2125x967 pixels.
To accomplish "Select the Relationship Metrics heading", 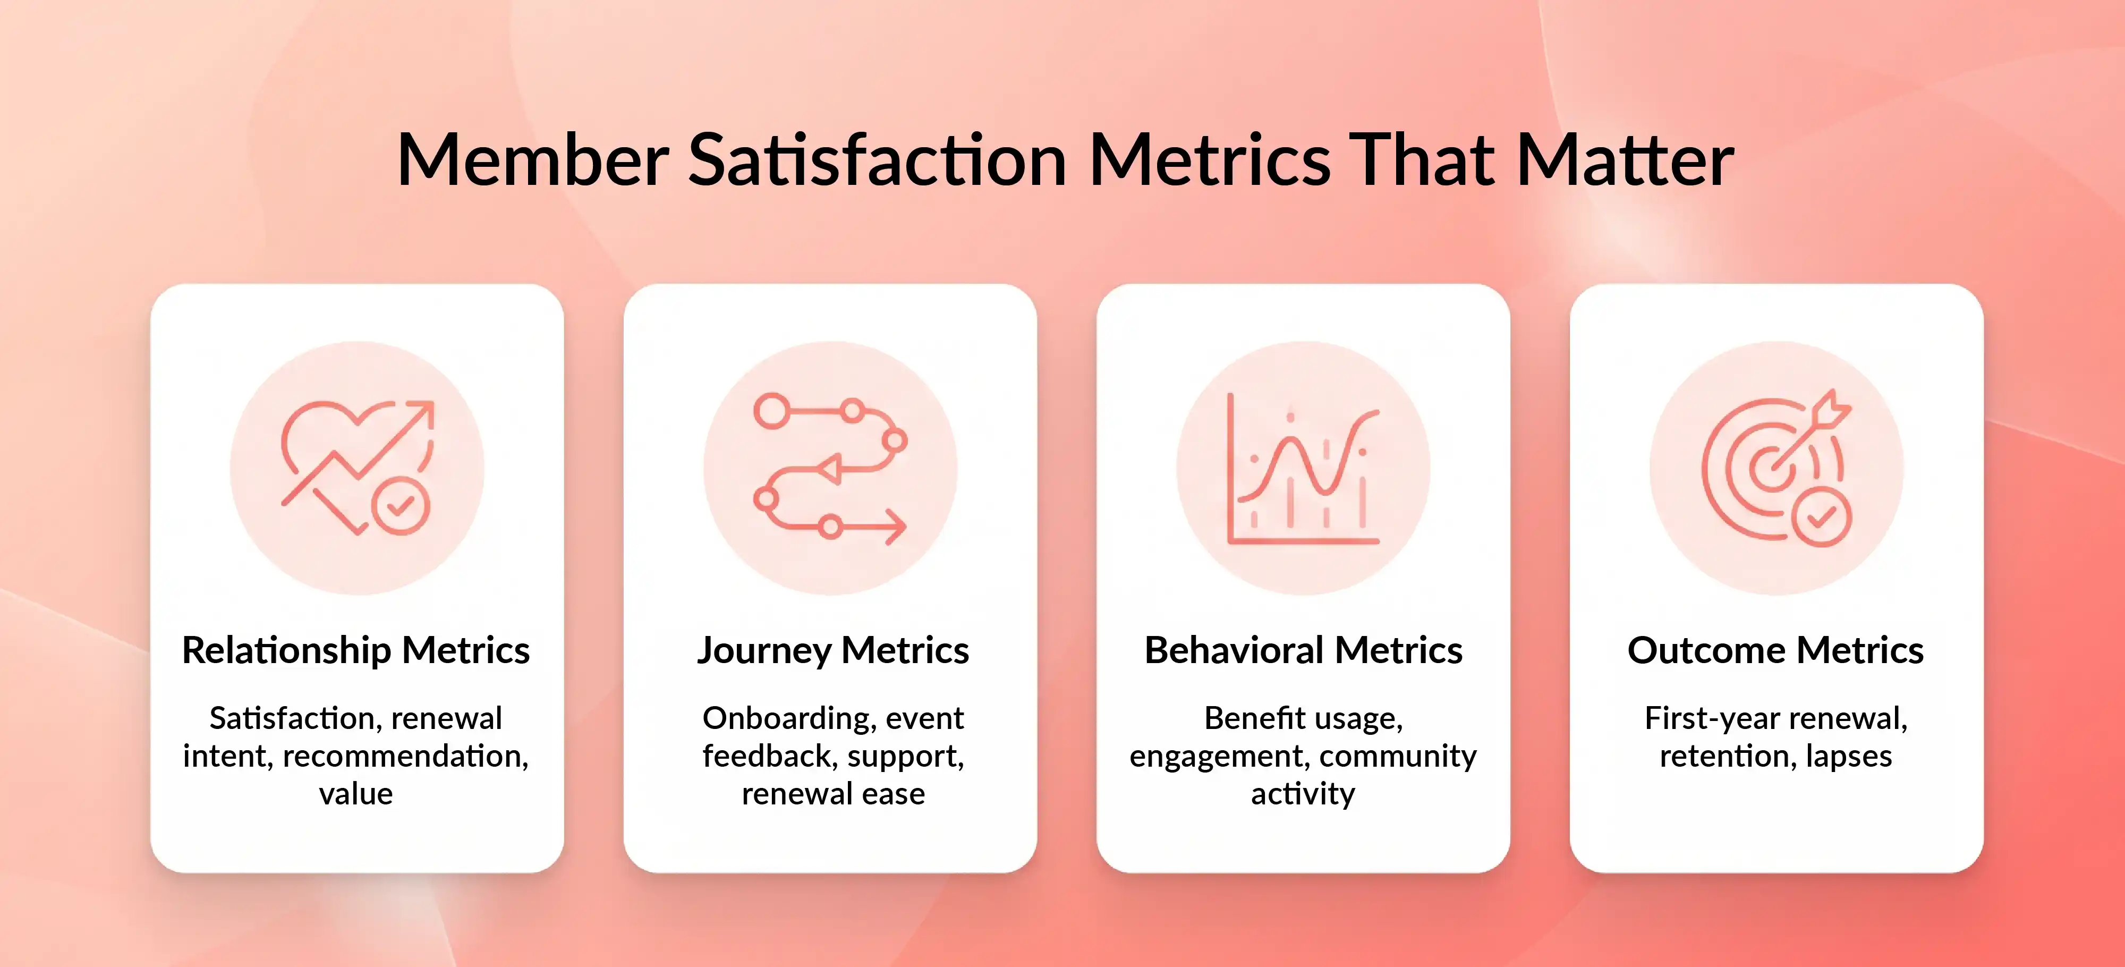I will pyautogui.click(x=355, y=650).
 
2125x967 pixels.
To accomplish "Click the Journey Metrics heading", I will pyautogui.click(x=832, y=650).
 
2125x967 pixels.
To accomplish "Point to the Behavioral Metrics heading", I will pyautogui.click(x=1303, y=650).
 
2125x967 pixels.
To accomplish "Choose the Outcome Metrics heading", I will pyautogui.click(x=1775, y=650).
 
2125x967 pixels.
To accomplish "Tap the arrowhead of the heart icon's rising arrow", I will pyautogui.click(x=424, y=410).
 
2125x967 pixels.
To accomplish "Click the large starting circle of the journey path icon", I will pyautogui.click(x=772, y=411).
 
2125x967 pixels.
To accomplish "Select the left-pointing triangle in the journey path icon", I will pyautogui.click(x=831, y=470).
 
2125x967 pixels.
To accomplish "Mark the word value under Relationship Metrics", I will pyautogui.click(x=355, y=794).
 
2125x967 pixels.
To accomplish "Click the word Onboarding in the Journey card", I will pyautogui.click(x=788, y=718).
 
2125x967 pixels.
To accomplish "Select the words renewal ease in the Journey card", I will pyautogui.click(x=832, y=794).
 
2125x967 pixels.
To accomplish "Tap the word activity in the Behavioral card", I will pyautogui.click(x=1303, y=794).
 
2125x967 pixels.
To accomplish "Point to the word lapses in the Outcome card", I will pyautogui.click(x=1849, y=756).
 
